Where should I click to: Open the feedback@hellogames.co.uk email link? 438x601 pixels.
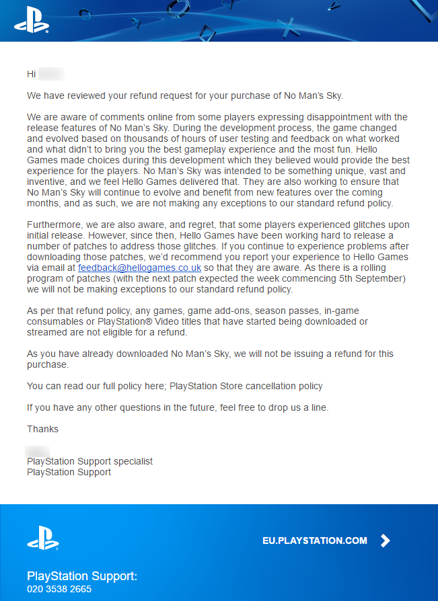(139, 268)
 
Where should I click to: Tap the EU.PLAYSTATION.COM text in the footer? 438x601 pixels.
(315, 540)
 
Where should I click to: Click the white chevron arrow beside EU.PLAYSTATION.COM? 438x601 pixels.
(385, 540)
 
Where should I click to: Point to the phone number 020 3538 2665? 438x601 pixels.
(59, 589)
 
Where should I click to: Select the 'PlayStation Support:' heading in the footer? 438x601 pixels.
(82, 576)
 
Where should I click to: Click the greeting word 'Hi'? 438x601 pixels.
(32, 74)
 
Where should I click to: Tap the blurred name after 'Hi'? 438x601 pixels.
(51, 74)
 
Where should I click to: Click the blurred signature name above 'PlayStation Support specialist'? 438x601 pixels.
(38, 450)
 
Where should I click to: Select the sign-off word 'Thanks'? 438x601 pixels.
(42, 429)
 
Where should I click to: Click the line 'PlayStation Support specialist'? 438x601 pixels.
(89, 461)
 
